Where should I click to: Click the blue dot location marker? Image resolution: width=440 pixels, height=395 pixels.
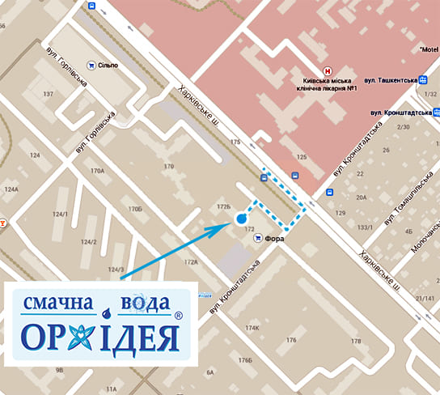pyautogui.click(x=239, y=219)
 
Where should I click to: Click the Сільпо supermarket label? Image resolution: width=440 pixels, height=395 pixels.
pyautogui.click(x=107, y=65)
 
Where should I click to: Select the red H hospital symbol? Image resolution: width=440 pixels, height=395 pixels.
pyautogui.click(x=327, y=70)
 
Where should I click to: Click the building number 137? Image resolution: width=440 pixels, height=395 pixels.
pyautogui.click(x=48, y=95)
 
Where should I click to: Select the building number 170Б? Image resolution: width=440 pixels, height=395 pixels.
pyautogui.click(x=135, y=210)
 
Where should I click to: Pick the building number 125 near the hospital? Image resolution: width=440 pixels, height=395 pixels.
pyautogui.click(x=302, y=156)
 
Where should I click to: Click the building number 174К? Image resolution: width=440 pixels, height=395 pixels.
pyautogui.click(x=253, y=328)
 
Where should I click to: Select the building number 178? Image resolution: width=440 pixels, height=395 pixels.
pyautogui.click(x=355, y=342)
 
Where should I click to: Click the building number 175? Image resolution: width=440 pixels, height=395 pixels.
pyautogui.click(x=235, y=142)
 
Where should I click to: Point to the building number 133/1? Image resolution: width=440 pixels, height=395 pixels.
pyautogui.click(x=366, y=227)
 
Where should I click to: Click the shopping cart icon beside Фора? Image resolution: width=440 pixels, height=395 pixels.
pyautogui.click(x=258, y=239)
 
